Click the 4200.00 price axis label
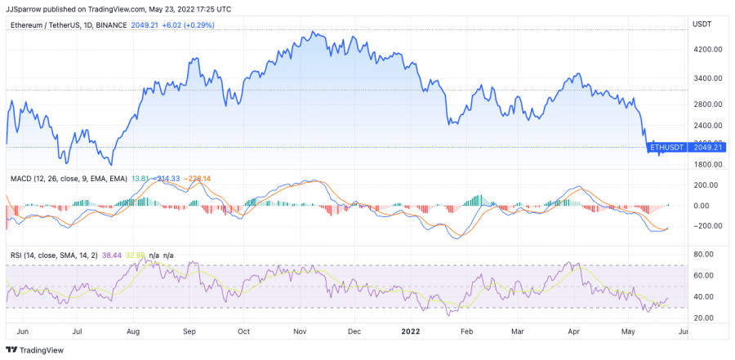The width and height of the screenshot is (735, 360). [x=706, y=49]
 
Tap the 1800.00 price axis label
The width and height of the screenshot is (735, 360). [x=706, y=164]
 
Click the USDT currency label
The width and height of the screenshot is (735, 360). [x=702, y=25]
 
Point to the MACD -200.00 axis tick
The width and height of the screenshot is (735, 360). [x=704, y=226]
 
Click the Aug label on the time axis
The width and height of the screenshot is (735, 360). [x=133, y=333]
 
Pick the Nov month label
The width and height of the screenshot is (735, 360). [x=299, y=333]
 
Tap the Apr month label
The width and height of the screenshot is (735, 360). [x=573, y=333]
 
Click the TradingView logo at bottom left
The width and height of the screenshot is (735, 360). [x=33, y=351]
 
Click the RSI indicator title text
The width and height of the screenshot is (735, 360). [x=54, y=256]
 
